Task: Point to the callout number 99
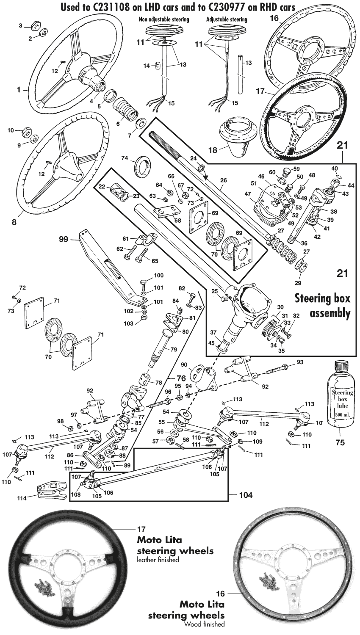tap(64, 239)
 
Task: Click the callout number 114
tap(22, 498)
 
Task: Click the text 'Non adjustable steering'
tap(164, 19)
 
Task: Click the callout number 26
tap(223, 180)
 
